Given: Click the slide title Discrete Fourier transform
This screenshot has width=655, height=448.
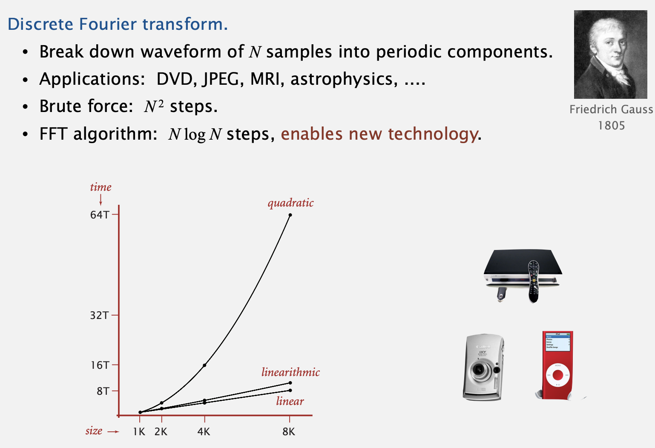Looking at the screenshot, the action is click(x=118, y=24).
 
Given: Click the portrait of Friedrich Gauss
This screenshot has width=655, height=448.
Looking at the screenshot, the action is click(x=611, y=55).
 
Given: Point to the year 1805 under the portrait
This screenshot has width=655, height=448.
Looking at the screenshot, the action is click(x=612, y=126).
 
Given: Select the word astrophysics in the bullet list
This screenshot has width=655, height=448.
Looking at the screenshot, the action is click(x=344, y=79).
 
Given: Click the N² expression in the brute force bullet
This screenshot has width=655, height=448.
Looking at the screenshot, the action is click(x=154, y=106).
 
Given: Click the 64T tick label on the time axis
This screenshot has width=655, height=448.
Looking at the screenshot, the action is click(x=99, y=215).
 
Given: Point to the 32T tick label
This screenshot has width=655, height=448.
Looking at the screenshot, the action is click(x=99, y=316).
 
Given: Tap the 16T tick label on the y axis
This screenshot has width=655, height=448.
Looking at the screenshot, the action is click(x=100, y=365).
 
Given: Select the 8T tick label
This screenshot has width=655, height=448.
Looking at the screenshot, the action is click(x=103, y=391).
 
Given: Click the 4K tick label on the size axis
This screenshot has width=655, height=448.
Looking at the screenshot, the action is click(x=204, y=432).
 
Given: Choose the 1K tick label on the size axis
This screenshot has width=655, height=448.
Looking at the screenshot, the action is click(x=139, y=432).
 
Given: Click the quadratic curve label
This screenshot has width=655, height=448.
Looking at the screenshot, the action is click(x=290, y=203).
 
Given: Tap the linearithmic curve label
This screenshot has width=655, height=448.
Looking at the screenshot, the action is click(x=290, y=372).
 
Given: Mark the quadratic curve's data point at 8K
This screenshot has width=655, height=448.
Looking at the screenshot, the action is click(x=290, y=215).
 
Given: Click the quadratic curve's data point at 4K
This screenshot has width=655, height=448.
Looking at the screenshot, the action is click(x=204, y=365).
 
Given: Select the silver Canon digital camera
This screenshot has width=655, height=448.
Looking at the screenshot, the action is click(x=483, y=367).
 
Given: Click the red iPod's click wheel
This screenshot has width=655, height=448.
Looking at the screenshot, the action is click(x=558, y=375).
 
